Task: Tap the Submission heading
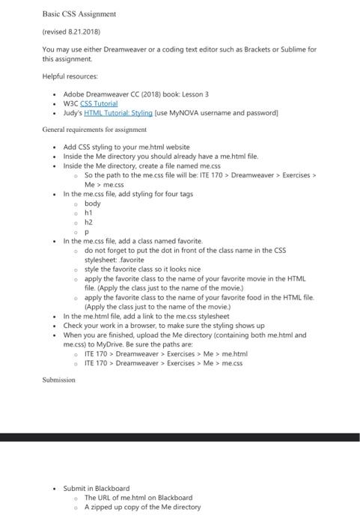pos(58,380)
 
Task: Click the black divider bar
pos(180,436)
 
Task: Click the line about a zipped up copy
pos(142,506)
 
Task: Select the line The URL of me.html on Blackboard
pos(138,497)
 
